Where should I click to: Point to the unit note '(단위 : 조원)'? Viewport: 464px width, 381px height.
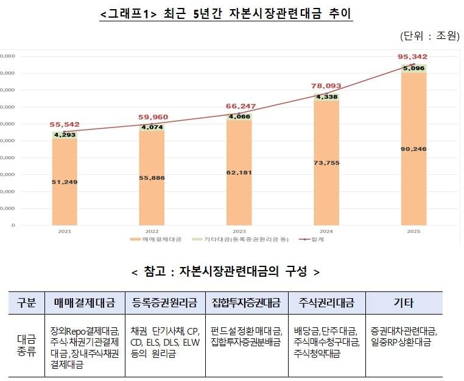[x=429, y=36]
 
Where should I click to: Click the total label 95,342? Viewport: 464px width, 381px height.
[x=413, y=56]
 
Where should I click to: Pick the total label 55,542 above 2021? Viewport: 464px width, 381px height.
[x=65, y=124]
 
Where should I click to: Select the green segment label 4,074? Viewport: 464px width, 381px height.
[x=152, y=127]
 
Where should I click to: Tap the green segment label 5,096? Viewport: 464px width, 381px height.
[x=413, y=68]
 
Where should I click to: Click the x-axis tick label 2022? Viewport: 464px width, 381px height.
[x=152, y=232]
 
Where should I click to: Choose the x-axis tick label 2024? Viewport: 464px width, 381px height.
[x=326, y=232]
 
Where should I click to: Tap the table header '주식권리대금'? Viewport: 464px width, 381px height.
[x=326, y=302]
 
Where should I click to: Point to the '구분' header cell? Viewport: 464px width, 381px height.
[x=26, y=302]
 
